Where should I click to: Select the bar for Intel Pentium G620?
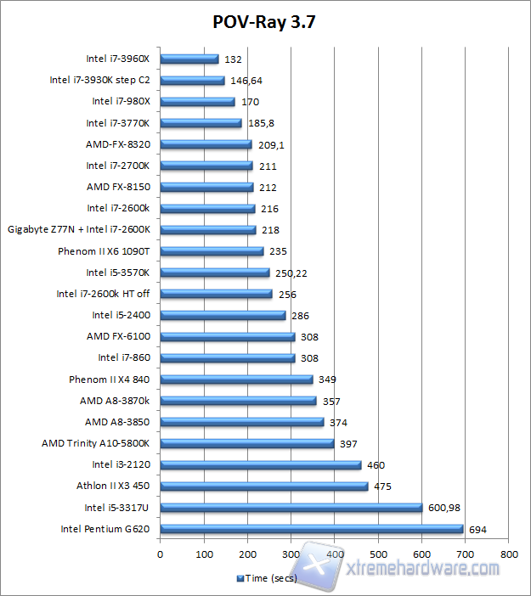pos(312,529)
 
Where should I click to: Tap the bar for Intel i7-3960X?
pos(189,59)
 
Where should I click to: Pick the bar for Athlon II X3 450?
pos(263,486)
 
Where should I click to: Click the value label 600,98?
pos(448,508)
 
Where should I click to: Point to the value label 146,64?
pos(247,81)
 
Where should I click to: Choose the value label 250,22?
pos(293,273)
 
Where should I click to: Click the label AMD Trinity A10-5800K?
pos(95,443)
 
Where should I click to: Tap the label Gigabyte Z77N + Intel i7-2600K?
pos(79,230)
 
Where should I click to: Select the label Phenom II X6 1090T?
pos(104,251)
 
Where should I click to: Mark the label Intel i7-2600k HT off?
pos(103,294)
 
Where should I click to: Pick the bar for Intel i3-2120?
pos(260,465)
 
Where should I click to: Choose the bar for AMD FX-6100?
pos(227,337)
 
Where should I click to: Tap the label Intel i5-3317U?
pos(116,508)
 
